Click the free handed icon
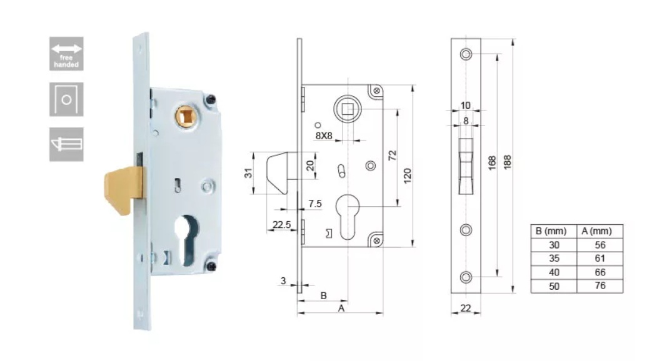click(x=66, y=54)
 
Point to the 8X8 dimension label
click(x=324, y=136)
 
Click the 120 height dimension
click(x=407, y=176)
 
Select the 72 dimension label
click(x=392, y=156)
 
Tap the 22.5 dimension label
click(x=281, y=225)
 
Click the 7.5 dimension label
click(x=315, y=204)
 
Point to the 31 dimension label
click(x=248, y=173)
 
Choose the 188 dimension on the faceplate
click(x=508, y=162)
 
